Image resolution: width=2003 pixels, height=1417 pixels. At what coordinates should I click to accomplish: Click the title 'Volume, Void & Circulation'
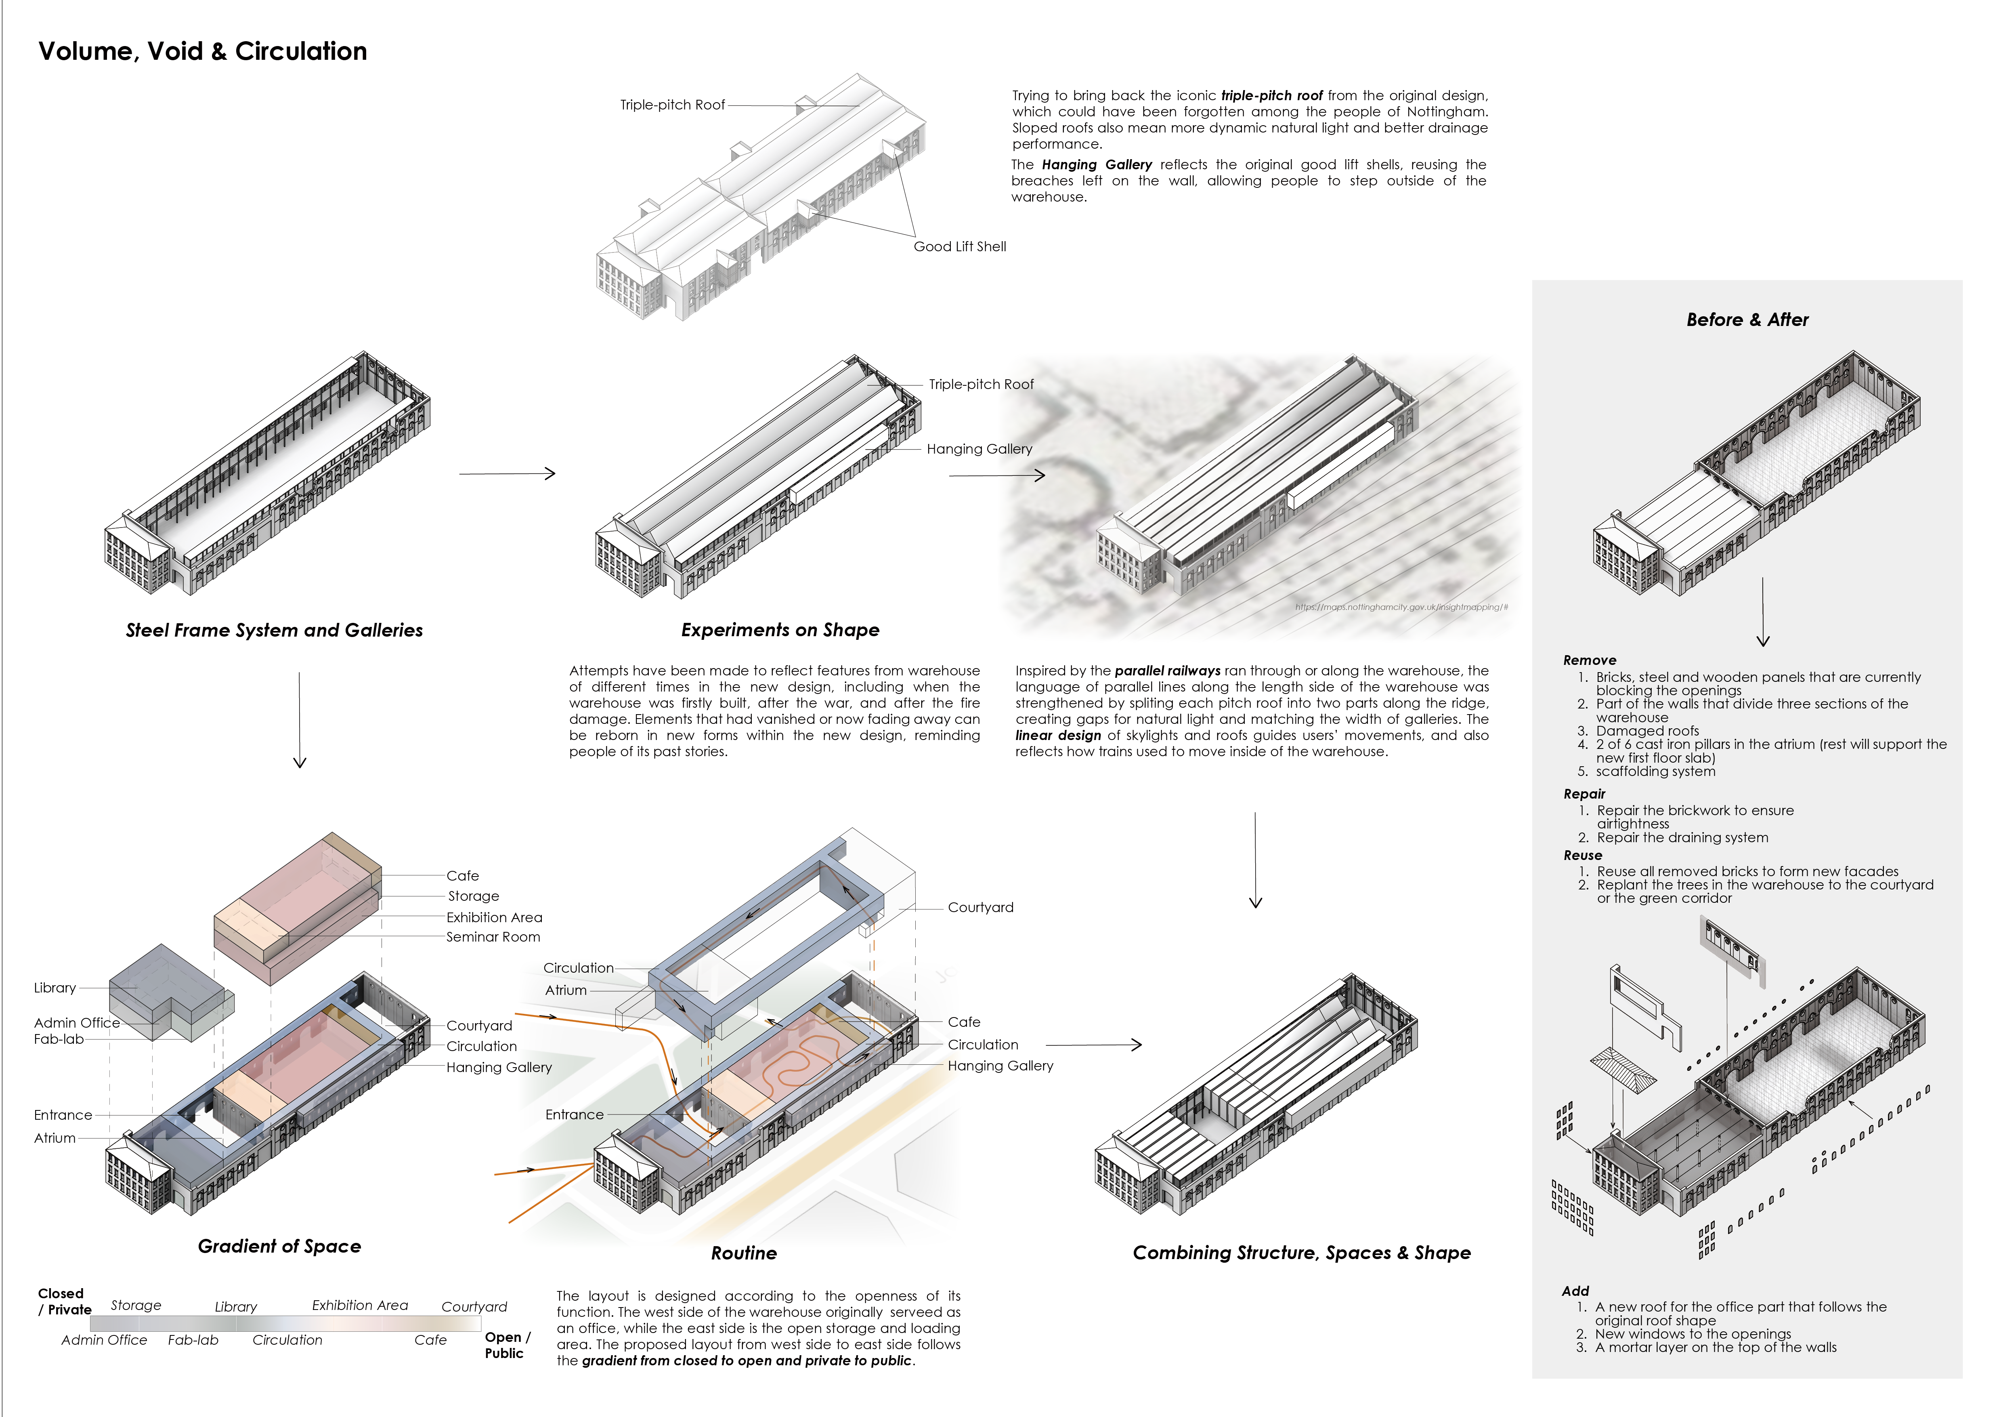pos(202,51)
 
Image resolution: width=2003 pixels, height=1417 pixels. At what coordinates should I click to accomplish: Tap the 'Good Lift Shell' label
pos(960,247)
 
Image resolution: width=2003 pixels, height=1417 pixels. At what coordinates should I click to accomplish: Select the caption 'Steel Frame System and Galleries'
pos(274,630)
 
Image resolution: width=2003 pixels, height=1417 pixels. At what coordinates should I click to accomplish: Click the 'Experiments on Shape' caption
pos(780,630)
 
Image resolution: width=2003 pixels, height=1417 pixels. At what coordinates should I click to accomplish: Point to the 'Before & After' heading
pos(1747,320)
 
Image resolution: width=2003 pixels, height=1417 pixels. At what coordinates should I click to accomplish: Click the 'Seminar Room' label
pos(493,937)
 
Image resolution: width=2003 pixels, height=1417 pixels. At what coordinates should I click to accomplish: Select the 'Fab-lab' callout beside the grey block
pos(59,1039)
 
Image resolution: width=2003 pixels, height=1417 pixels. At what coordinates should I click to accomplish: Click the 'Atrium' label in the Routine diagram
pos(565,990)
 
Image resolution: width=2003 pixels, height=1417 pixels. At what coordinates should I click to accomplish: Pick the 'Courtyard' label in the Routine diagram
pos(981,908)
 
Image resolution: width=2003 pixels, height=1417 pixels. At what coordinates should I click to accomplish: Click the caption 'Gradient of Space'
pos(279,1246)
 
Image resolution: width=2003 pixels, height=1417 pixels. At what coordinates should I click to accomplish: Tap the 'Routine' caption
pos(743,1253)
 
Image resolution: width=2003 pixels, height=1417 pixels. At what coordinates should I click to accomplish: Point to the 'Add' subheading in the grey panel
pos(1575,1291)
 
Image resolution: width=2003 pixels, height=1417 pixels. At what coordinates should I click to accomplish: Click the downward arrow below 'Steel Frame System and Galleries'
pos(299,720)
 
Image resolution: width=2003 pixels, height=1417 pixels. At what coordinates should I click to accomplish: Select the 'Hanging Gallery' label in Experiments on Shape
pos(979,449)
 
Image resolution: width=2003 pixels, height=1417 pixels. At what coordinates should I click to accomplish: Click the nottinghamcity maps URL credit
pos(1401,607)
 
